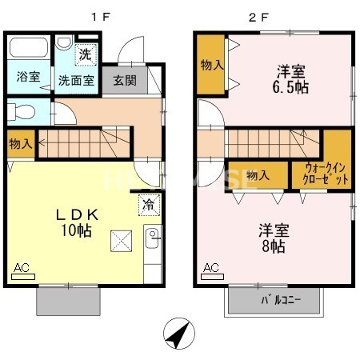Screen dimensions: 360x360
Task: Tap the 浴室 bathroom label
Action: click(29, 78)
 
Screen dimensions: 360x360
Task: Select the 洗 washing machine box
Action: click(84, 55)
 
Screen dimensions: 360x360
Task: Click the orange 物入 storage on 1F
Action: click(21, 144)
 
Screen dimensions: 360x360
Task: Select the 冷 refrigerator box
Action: click(148, 204)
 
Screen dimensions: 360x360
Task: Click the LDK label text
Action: click(76, 214)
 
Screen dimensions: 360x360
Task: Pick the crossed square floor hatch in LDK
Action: click(121, 238)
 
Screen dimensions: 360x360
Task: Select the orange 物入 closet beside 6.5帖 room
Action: click(211, 65)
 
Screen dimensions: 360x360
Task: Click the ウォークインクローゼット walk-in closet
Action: click(325, 173)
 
